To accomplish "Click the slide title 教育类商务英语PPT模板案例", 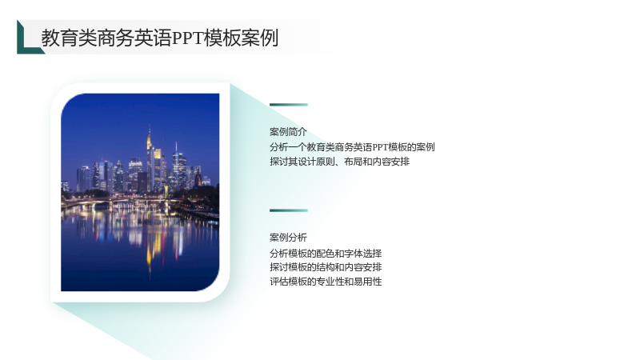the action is coord(159,38).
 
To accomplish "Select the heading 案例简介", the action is coord(288,132).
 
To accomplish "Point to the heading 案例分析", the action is coord(288,238).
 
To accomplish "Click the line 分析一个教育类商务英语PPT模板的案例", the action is coord(352,147).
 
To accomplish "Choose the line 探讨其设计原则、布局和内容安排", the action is coord(339,162).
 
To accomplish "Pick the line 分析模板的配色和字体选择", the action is coord(326,254).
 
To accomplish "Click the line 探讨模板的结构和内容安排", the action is coord(326,267).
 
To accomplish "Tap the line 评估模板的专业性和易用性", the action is coord(326,282).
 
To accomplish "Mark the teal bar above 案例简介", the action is coord(289,105).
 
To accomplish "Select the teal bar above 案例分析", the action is coord(289,210).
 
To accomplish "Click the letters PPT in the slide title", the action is coord(188,38).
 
